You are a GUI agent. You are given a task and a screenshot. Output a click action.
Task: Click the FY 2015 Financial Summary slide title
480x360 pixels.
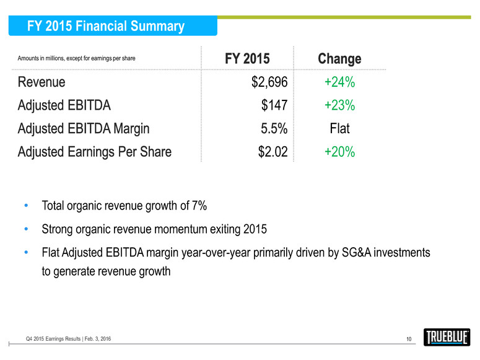[x=106, y=26]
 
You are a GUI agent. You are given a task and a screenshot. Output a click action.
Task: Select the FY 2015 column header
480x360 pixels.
[x=247, y=59]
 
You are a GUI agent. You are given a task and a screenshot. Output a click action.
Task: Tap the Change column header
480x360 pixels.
[x=339, y=59]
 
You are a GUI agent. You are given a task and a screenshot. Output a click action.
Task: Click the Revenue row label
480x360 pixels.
[x=41, y=82]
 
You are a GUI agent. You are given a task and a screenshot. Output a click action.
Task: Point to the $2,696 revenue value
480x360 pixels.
[x=267, y=82]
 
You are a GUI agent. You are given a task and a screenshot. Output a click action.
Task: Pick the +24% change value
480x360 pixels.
[x=339, y=82]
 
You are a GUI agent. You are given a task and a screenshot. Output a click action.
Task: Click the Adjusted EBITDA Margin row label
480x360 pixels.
[x=84, y=129]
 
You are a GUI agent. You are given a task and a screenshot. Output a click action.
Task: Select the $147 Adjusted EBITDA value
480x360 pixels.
[x=275, y=105]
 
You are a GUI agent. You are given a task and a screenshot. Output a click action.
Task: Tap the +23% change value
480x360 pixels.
[x=339, y=105]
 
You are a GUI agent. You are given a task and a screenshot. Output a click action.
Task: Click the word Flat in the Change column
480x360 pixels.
[x=339, y=129]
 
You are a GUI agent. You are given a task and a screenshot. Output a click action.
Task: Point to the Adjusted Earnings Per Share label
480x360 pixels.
[x=95, y=152]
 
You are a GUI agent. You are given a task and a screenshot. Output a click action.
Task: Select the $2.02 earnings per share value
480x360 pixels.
[x=273, y=152]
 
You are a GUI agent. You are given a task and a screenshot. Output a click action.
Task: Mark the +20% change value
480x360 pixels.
[x=339, y=152]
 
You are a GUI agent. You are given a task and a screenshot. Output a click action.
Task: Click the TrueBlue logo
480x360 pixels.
[x=446, y=337]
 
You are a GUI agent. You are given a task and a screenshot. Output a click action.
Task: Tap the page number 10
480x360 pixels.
[x=409, y=338]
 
